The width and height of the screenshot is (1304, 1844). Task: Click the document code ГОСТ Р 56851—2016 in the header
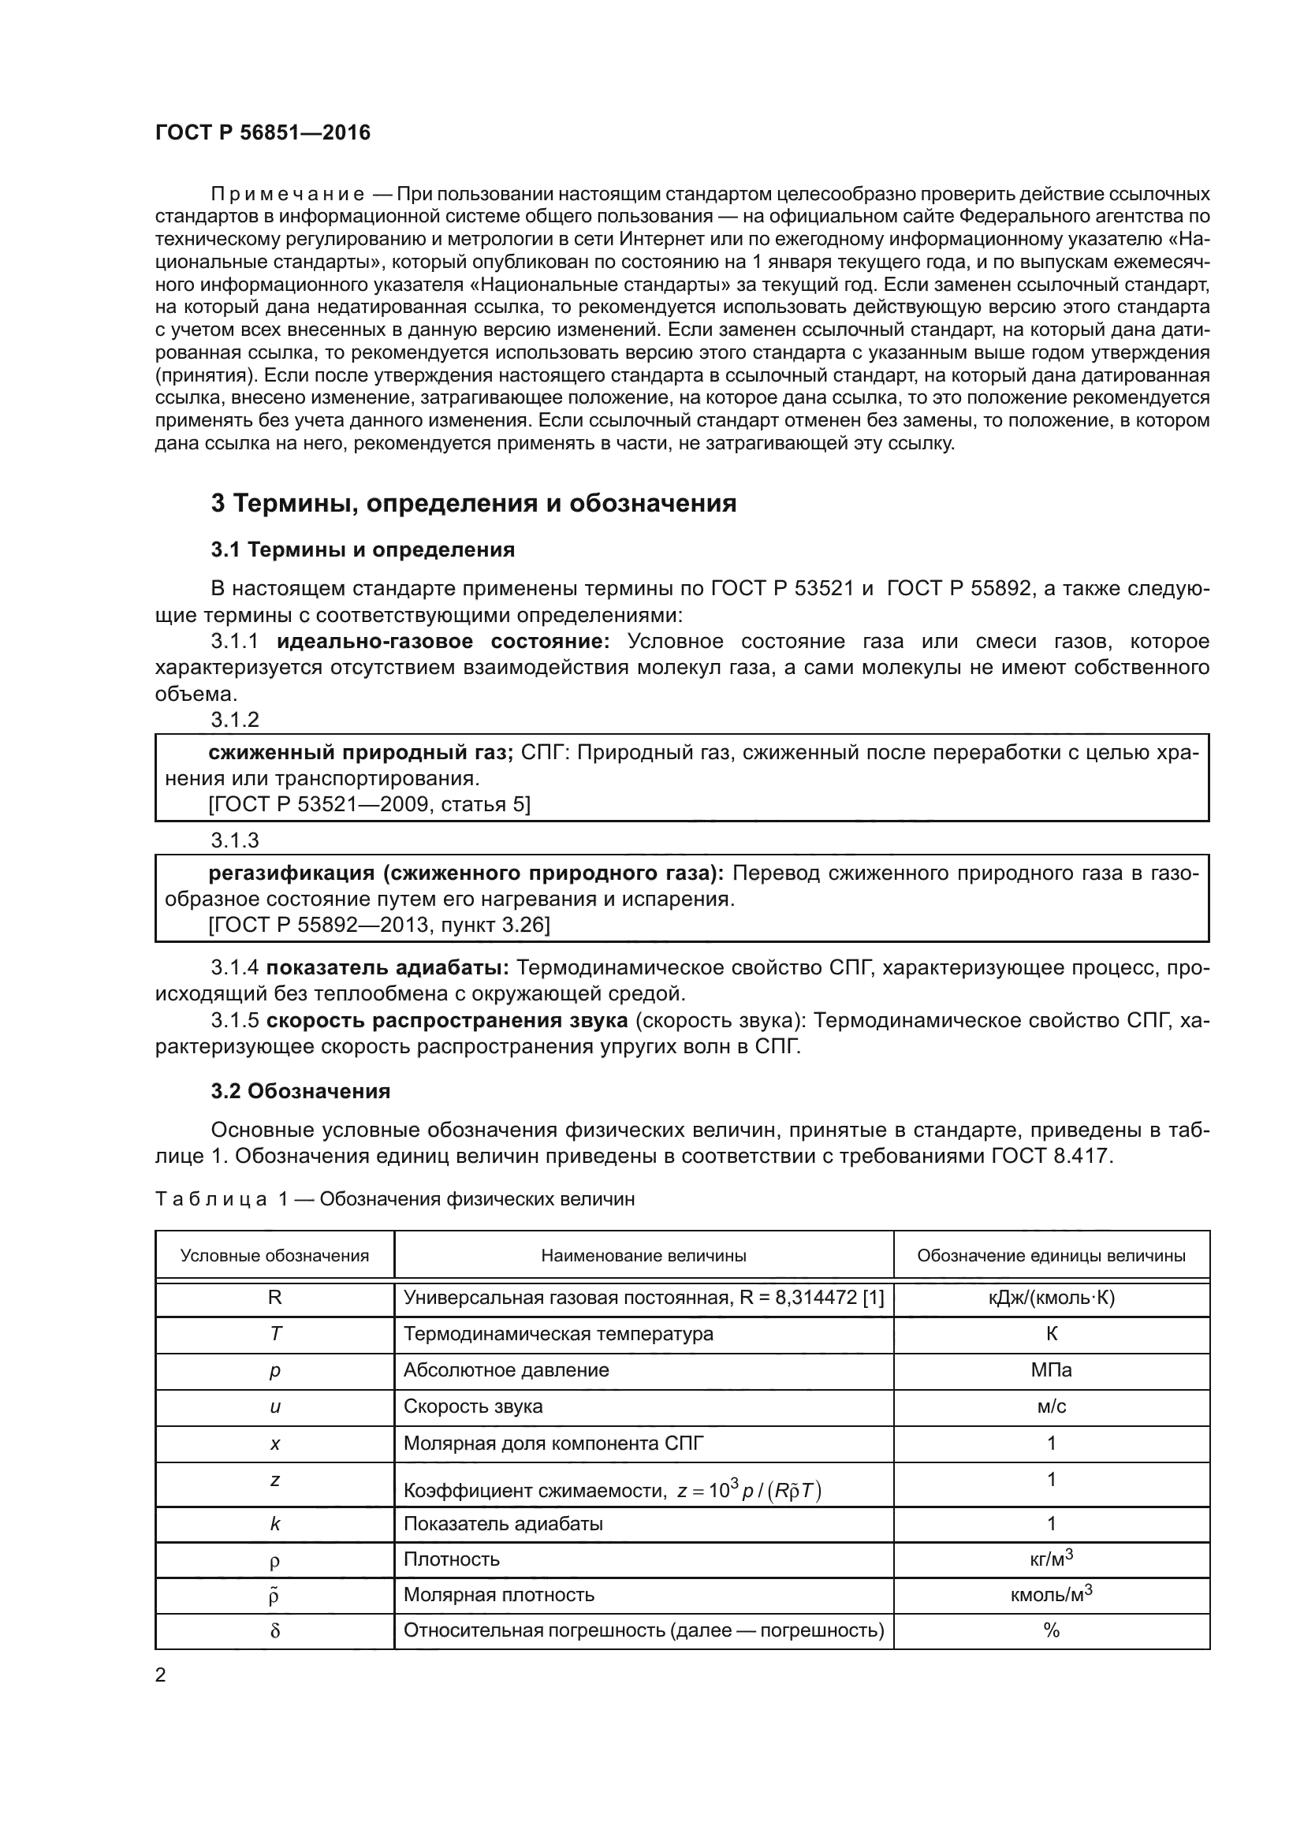point(263,133)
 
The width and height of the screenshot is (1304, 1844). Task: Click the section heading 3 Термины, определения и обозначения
point(474,504)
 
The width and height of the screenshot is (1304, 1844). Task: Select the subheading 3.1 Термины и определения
point(362,550)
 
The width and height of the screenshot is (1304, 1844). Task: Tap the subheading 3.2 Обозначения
point(300,1090)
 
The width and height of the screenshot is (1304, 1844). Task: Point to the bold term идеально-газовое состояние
point(443,642)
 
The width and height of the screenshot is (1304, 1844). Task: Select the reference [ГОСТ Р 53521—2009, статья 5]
point(369,804)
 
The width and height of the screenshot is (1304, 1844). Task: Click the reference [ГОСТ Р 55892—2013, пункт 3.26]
point(379,925)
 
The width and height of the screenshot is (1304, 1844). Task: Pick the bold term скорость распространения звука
point(446,1020)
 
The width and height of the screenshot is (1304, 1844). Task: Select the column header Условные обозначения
point(274,1256)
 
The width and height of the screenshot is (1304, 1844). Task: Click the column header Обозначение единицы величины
point(1051,1256)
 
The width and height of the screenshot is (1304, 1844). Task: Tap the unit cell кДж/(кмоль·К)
point(1051,1298)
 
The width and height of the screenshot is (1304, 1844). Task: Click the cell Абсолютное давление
point(506,1370)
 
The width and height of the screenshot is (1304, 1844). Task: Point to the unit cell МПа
point(1051,1370)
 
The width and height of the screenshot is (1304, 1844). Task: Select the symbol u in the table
point(274,1406)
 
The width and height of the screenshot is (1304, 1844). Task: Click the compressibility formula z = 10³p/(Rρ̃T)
point(748,1492)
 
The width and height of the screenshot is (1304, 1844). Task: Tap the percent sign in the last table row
point(1051,1630)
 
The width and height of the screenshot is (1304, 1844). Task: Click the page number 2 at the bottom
point(161,1675)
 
